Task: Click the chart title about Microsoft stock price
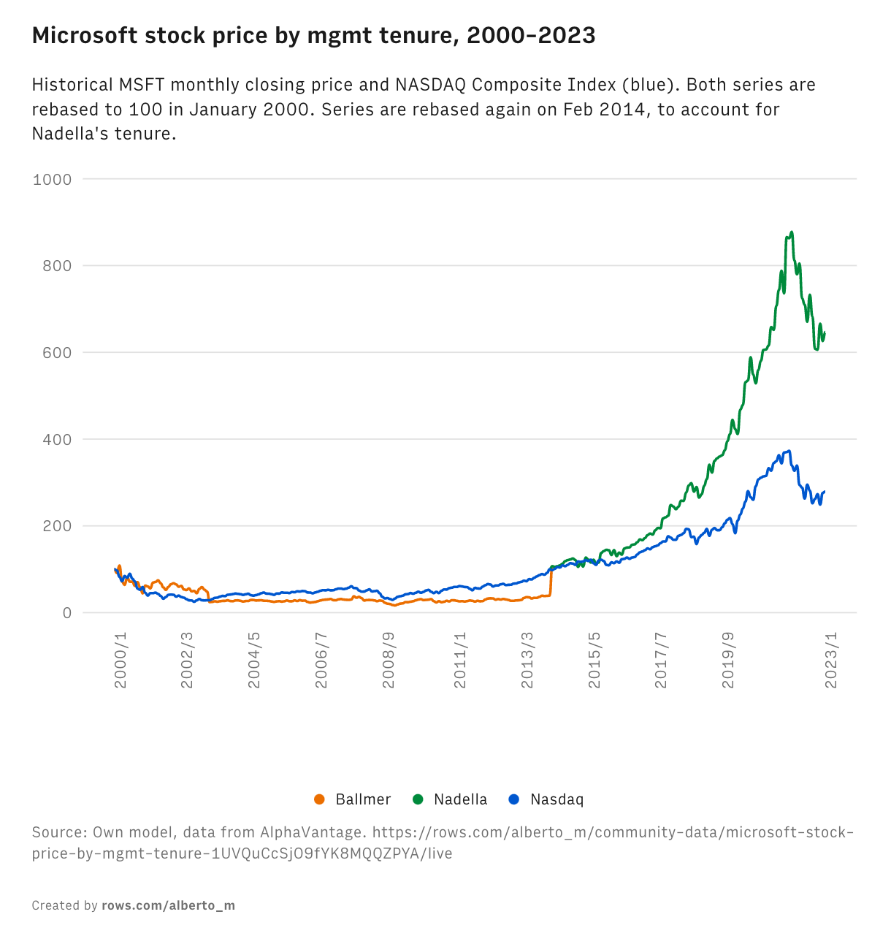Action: click(x=313, y=35)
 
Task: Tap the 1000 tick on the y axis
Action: click(x=52, y=179)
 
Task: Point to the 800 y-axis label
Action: click(x=57, y=266)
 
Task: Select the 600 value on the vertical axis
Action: click(x=57, y=353)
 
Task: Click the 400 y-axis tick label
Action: click(x=57, y=440)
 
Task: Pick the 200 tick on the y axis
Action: click(x=57, y=526)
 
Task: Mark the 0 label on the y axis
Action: click(x=67, y=613)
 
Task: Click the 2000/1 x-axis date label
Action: click(x=121, y=659)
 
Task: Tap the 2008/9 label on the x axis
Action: click(x=389, y=659)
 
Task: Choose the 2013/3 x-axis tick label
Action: click(x=527, y=659)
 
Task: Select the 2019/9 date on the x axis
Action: click(x=728, y=659)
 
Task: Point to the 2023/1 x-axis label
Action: click(x=831, y=659)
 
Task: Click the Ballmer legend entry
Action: click(x=363, y=799)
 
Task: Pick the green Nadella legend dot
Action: click(x=418, y=799)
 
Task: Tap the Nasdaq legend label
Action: click(x=557, y=799)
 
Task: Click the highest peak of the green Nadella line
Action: click(x=792, y=232)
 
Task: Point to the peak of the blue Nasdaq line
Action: click(x=789, y=451)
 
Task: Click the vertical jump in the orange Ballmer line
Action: click(x=551, y=582)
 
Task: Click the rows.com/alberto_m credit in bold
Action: click(x=168, y=906)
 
